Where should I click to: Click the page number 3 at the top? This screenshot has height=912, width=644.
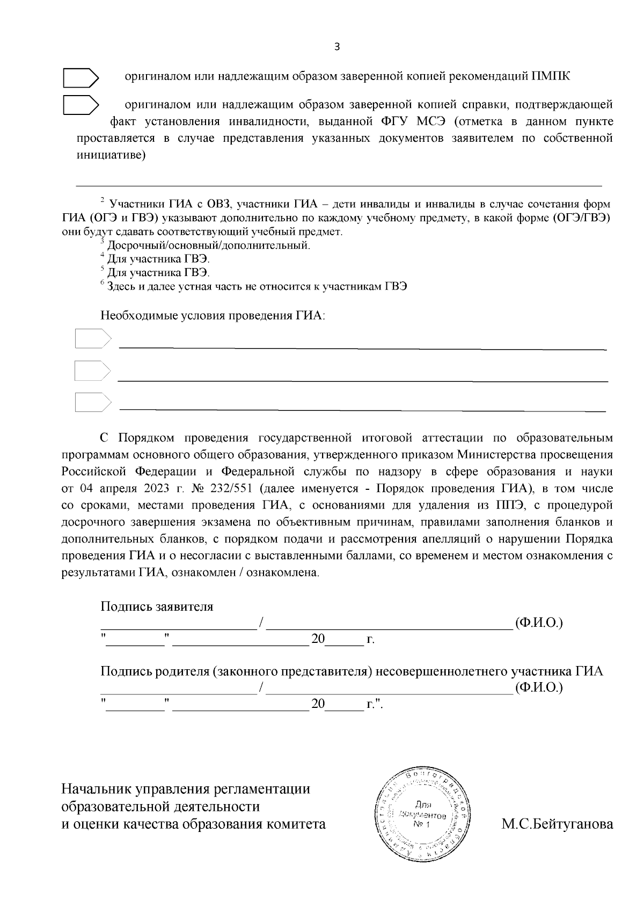tap(336, 47)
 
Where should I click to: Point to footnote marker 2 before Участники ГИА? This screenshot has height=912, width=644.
tap(102, 200)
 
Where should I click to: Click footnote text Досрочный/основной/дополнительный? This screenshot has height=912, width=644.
tap(208, 245)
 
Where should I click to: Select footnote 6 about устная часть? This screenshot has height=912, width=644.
tap(256, 286)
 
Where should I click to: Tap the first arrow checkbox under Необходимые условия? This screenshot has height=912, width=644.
tap(92, 339)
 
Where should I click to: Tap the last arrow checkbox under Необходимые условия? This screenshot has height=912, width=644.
tap(92, 402)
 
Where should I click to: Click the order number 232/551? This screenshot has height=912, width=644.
tap(233, 489)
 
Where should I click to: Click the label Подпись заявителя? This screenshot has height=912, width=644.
tap(157, 606)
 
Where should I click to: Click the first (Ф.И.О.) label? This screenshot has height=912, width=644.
tap(538, 623)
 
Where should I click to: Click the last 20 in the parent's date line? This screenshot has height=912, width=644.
tap(318, 704)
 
